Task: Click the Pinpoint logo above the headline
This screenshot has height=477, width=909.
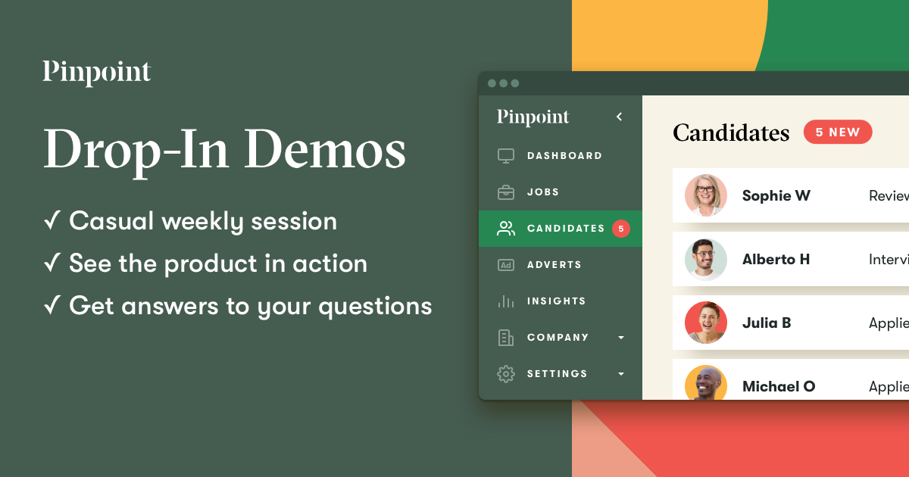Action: pyautogui.click(x=97, y=73)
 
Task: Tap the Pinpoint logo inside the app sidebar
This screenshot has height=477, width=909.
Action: pyautogui.click(x=533, y=117)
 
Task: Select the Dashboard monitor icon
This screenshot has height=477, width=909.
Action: pyautogui.click(x=506, y=156)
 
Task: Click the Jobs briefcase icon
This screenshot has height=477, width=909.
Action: pyautogui.click(x=506, y=192)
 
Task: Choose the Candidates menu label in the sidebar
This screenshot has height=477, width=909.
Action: pyautogui.click(x=566, y=229)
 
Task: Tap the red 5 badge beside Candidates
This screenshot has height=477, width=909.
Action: pyautogui.click(x=621, y=229)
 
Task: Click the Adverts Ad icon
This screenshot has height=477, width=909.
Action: pyautogui.click(x=506, y=265)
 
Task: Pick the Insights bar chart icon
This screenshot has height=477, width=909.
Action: pyautogui.click(x=506, y=301)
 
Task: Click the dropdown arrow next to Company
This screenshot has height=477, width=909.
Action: pyautogui.click(x=621, y=338)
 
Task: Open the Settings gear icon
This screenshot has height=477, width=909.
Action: pyautogui.click(x=506, y=374)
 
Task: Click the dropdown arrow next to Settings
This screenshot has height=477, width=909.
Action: pyautogui.click(x=621, y=374)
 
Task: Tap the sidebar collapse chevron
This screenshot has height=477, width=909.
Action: pyautogui.click(x=619, y=117)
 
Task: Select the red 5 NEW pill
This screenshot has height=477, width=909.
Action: pyautogui.click(x=838, y=132)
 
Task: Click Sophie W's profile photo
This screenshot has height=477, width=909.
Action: pyautogui.click(x=706, y=195)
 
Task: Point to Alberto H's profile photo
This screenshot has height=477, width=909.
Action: pyautogui.click(x=706, y=259)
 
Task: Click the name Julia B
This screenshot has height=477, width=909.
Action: pyautogui.click(x=767, y=323)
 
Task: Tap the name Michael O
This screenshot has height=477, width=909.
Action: pyautogui.click(x=779, y=386)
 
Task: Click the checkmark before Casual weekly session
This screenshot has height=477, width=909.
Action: pyautogui.click(x=52, y=222)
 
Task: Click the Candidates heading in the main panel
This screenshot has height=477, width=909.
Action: pyautogui.click(x=731, y=133)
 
